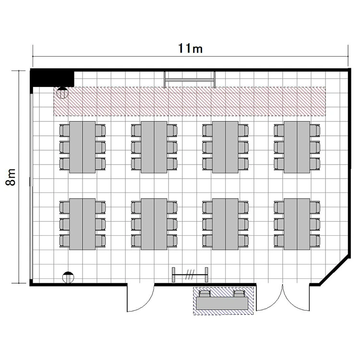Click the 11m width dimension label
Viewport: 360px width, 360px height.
pyautogui.click(x=191, y=48)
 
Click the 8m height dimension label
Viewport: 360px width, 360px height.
pyautogui.click(x=11, y=177)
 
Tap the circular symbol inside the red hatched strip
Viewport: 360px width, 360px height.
pyautogui.click(x=62, y=93)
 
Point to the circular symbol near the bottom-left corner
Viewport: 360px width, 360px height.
pyautogui.click(x=68, y=277)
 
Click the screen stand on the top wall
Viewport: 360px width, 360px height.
pyautogui.click(x=190, y=79)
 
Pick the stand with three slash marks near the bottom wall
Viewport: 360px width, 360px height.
pyautogui.click(x=190, y=275)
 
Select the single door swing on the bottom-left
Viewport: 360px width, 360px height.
pyautogui.click(x=141, y=298)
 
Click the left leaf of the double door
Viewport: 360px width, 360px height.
pyautogui.click(x=270, y=297)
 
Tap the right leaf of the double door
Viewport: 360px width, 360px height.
pyautogui.click(x=296, y=297)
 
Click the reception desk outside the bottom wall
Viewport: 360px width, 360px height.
pyautogui.click(x=222, y=303)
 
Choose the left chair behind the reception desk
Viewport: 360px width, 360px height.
pyautogui.click(x=204, y=293)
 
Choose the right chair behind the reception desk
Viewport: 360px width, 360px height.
pyautogui.click(x=239, y=293)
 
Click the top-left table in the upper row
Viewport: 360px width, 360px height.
pyautogui.click(x=83, y=147)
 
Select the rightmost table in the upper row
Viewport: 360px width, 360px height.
pyautogui.click(x=297, y=147)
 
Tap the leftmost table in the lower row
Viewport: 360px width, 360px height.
pyautogui.click(x=83, y=224)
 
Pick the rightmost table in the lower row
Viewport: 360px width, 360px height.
pyautogui.click(x=297, y=224)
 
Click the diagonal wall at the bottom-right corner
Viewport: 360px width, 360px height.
pyautogui.click(x=335, y=270)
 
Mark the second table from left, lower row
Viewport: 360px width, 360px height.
pyautogui.click(x=154, y=224)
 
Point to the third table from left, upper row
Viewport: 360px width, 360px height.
pyautogui.click(x=225, y=147)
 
